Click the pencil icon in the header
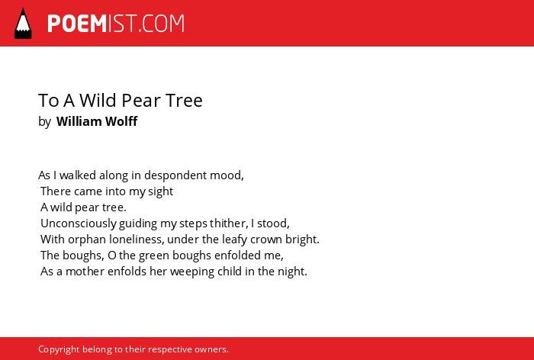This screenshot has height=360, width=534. tap(23, 24)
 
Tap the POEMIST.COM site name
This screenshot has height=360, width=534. tap(116, 24)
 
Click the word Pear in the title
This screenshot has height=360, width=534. tap(141, 100)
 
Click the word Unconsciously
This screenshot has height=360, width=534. tap(79, 223)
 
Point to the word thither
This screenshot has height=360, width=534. tap(228, 223)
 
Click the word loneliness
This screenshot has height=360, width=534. tap(137, 239)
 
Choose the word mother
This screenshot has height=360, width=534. tap(85, 272)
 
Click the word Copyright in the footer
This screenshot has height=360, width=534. tap(59, 349)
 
